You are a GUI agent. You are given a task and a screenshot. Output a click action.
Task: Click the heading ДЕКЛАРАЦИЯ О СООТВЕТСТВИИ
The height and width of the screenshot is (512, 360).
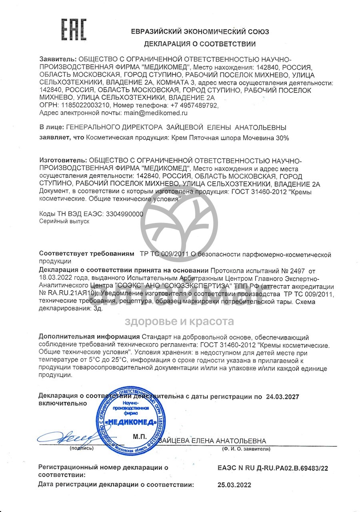tap(200, 44)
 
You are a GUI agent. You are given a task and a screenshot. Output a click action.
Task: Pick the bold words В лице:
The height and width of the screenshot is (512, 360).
tap(50, 127)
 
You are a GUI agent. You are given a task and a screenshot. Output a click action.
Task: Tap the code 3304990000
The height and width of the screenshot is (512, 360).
tap(124, 214)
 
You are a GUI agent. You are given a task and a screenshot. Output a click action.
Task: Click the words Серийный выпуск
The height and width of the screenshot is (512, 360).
tap(64, 221)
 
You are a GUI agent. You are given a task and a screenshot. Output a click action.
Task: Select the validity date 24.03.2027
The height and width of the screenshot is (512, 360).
tap(282, 397)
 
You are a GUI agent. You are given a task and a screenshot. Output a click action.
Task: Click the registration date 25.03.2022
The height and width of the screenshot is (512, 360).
tap(235, 485)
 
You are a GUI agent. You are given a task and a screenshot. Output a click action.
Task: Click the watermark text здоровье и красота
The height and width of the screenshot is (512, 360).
tap(180, 321)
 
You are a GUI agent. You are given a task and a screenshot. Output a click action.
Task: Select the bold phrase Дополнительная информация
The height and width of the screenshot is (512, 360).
tap(89, 337)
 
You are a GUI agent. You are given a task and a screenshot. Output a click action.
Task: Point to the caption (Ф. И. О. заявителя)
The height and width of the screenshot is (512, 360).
tap(246, 449)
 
